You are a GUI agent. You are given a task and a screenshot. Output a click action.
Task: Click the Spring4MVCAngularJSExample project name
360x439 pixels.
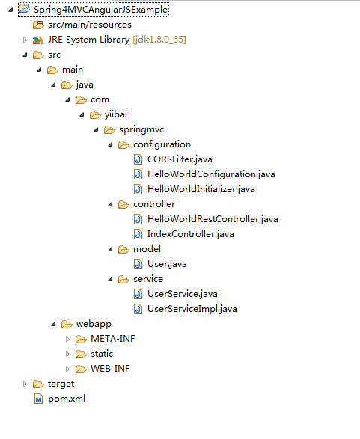pos(100,10)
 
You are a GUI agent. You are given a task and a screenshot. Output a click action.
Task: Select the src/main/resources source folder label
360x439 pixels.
pos(90,25)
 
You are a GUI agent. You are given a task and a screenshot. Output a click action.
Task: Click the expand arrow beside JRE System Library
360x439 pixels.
pos(25,40)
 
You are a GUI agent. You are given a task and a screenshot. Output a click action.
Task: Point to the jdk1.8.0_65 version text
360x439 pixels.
pos(159,40)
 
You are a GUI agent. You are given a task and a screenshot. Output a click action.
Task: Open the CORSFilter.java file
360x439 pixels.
pos(180,159)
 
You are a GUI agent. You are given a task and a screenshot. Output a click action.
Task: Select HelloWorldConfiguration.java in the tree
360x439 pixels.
pos(211,174)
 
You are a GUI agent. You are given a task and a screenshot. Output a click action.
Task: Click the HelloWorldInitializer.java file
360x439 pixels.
pos(201,189)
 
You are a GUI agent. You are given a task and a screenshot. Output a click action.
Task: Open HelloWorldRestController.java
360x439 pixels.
pos(213,219)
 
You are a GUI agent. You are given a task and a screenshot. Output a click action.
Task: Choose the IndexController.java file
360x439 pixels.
pos(191,234)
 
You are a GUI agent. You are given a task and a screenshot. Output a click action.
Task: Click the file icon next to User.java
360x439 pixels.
pos(138,264)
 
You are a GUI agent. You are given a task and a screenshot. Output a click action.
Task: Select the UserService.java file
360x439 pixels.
pos(183,294)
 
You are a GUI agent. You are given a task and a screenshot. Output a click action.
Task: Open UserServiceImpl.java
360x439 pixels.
pos(192,309)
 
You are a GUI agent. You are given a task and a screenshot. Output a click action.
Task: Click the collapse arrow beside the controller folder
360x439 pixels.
pos(110,204)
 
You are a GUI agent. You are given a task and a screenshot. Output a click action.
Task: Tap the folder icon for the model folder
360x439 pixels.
pos(123,249)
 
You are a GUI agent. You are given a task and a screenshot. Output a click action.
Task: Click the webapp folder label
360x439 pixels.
pos(94,324)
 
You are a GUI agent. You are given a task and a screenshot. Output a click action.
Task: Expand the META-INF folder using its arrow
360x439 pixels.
pos(67,339)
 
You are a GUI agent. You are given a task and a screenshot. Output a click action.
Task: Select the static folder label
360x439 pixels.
pos(102,354)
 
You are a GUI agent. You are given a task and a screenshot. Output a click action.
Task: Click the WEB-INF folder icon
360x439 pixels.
pos(81,369)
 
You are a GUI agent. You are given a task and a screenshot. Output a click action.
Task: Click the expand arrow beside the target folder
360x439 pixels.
pos(25,384)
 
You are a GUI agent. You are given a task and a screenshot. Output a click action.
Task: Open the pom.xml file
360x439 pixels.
pos(67,399)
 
